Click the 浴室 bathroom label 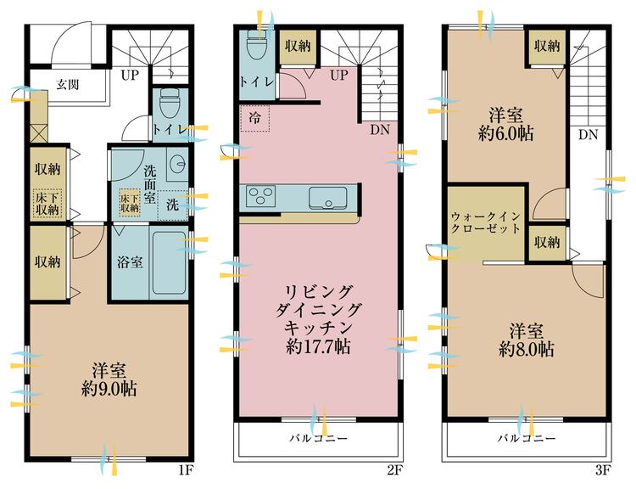tap(129, 261)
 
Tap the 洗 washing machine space tap(172, 204)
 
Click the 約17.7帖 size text tap(318, 346)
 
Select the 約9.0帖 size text tap(109, 389)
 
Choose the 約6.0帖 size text tap(510, 132)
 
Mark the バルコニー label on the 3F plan tap(527, 440)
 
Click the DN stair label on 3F tap(588, 134)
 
